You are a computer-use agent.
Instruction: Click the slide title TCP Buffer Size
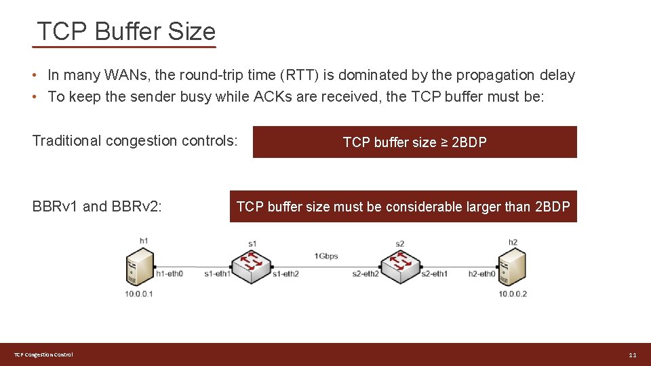(126, 32)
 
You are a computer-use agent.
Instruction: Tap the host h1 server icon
(140, 267)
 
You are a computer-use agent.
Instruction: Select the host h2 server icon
(512, 267)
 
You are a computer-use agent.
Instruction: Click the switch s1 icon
(252, 264)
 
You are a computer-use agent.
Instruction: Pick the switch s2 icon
(399, 264)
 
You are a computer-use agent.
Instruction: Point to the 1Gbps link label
(325, 256)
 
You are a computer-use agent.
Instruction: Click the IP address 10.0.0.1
(139, 293)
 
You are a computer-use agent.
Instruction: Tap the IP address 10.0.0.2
(513, 293)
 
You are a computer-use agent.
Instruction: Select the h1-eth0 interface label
(170, 274)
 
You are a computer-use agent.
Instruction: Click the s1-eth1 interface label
(218, 274)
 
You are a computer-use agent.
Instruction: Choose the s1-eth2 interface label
(285, 274)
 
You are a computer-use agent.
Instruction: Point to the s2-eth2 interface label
(366, 274)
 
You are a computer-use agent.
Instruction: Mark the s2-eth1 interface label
(434, 274)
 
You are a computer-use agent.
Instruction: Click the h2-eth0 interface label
(482, 274)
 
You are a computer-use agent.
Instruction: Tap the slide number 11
(632, 355)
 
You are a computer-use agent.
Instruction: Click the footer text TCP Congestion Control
(44, 355)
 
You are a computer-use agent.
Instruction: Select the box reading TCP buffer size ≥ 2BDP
(414, 142)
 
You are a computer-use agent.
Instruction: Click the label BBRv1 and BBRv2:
(97, 207)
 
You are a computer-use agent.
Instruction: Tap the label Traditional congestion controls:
(135, 141)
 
